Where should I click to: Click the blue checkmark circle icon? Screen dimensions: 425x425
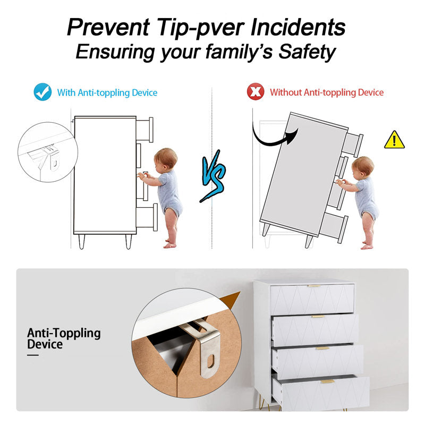point(42,92)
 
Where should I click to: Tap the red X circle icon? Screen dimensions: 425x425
point(256,91)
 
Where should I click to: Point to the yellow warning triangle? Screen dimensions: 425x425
point(394,140)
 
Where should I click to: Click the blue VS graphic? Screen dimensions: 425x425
point(214,176)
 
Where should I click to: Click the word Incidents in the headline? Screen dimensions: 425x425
point(298,27)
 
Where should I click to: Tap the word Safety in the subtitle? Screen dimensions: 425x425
point(307,52)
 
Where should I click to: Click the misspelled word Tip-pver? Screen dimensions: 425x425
point(201,28)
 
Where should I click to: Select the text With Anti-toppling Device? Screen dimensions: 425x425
point(107,92)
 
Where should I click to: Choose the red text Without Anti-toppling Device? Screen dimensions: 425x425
point(327,92)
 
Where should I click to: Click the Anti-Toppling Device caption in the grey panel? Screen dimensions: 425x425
point(64,338)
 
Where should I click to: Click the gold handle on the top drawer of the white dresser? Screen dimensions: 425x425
point(314,286)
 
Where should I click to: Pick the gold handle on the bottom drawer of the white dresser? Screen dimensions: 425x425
point(328,381)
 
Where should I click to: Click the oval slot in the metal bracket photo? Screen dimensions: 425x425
point(211,361)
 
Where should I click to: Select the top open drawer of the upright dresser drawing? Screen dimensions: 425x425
point(144,130)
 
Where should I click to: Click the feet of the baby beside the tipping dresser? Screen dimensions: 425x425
point(367,245)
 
